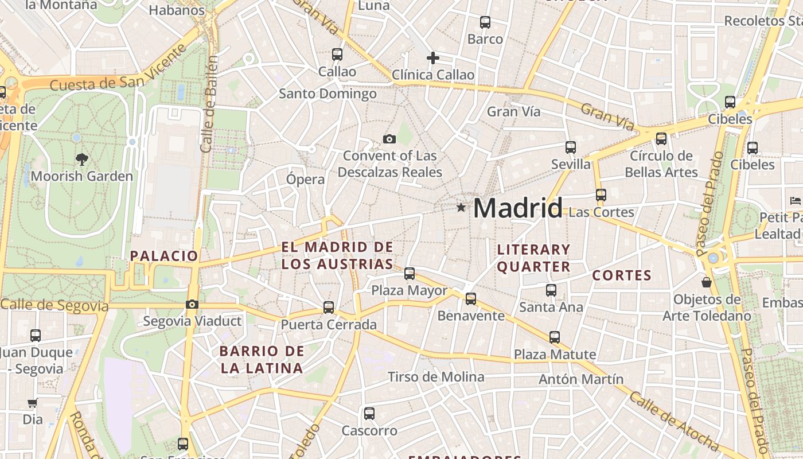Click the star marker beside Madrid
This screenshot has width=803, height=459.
461,207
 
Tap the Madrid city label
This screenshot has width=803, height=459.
517,208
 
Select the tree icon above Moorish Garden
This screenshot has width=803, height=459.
82,159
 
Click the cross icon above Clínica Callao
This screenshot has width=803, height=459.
433,58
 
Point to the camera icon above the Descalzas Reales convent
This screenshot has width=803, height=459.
389,139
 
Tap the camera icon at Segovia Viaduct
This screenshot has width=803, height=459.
192,304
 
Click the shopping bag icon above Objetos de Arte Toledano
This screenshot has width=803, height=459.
707,282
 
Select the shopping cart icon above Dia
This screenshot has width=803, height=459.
33,403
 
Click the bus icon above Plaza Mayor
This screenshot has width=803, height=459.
410,274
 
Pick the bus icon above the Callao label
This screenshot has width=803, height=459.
337,55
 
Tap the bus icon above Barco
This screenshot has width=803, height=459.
485,22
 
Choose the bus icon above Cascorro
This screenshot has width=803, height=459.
369,414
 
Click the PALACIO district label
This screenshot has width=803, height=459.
164,256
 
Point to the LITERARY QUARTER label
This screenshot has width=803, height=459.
533,258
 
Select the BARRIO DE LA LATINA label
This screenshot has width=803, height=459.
262,359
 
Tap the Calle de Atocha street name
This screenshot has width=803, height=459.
673,421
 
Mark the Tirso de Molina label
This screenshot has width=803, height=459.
436,377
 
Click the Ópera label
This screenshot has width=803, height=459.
305,179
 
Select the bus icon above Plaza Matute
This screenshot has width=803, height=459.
554,337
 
